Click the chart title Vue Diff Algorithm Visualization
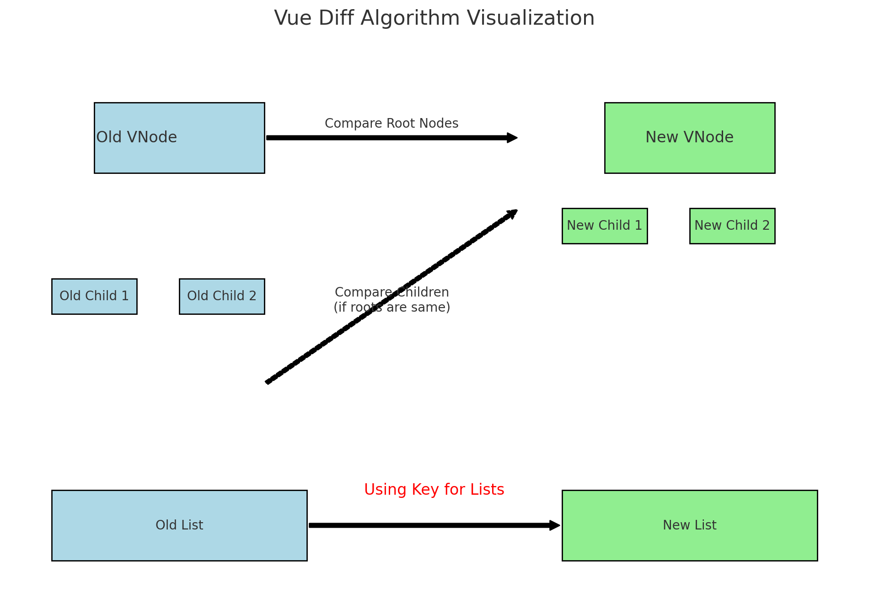[434, 18]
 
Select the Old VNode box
[179, 138]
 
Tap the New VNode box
[689, 138]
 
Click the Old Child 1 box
[94, 296]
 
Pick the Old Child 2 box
[222, 296]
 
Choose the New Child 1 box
[604, 226]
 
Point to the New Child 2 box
[732, 226]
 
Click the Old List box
[179, 525]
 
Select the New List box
[689, 525]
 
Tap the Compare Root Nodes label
[392, 124]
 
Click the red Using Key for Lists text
[434, 490]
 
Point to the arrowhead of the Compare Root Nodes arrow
[512, 138]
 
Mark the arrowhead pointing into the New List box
[555, 525]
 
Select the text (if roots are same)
[392, 308]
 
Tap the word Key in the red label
[421, 490]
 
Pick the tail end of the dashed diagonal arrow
[268, 382]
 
